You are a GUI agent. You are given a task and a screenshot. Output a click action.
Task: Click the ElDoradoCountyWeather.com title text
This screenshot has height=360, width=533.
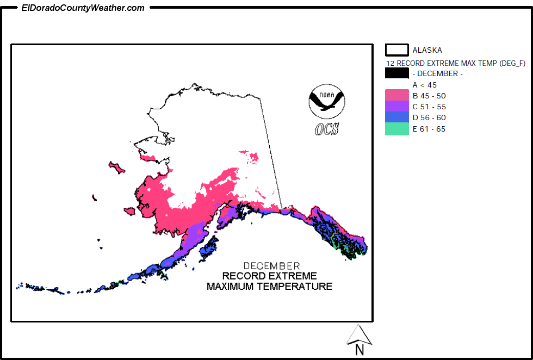click(83, 8)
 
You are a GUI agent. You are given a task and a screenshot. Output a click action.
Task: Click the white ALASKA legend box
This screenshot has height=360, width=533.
click(396, 50)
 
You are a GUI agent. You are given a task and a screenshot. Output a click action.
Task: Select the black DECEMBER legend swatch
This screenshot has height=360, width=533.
click(396, 73)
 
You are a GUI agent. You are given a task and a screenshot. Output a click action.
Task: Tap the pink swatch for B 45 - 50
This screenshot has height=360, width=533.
click(396, 96)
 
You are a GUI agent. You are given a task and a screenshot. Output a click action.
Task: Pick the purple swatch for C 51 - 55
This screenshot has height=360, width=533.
click(396, 107)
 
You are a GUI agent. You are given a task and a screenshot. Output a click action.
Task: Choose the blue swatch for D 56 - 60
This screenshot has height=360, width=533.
click(396, 117)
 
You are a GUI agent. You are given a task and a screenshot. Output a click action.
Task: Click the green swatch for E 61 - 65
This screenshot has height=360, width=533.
click(396, 129)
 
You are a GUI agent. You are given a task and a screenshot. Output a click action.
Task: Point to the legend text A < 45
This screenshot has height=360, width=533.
click(424, 85)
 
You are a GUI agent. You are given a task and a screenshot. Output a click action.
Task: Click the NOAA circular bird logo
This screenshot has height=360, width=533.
click(326, 101)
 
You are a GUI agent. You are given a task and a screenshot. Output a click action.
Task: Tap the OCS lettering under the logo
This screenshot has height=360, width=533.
click(326, 129)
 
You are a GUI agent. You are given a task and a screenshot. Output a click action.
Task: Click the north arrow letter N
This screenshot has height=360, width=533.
click(359, 350)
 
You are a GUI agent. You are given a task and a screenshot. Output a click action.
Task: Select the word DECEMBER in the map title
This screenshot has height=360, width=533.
click(271, 266)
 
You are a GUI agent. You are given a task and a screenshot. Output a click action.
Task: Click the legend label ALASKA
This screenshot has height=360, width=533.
click(427, 50)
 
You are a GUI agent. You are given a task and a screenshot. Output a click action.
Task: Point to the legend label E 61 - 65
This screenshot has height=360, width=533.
click(429, 129)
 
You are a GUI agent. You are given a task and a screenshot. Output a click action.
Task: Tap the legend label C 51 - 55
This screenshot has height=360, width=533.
click(429, 107)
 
